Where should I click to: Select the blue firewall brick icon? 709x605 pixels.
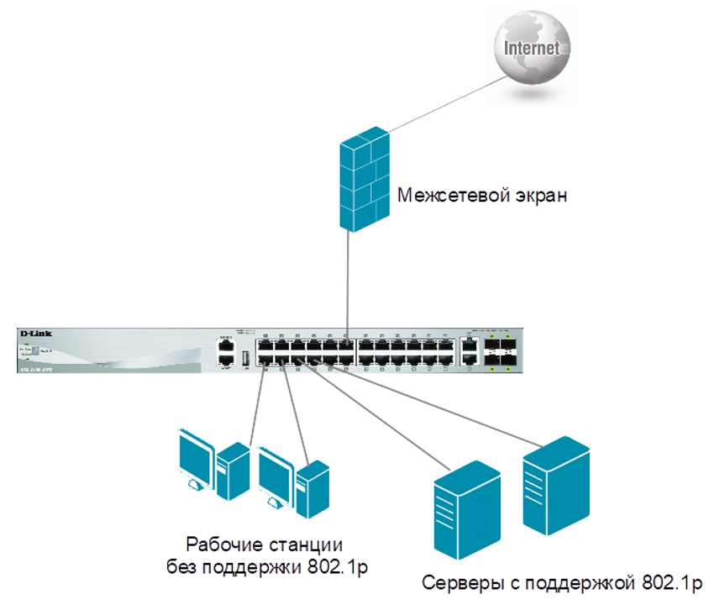coord(364,181)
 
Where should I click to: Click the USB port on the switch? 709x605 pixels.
coord(246,359)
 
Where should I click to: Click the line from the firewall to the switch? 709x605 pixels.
coord(349,277)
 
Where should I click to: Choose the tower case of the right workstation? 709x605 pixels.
coord(312,490)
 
